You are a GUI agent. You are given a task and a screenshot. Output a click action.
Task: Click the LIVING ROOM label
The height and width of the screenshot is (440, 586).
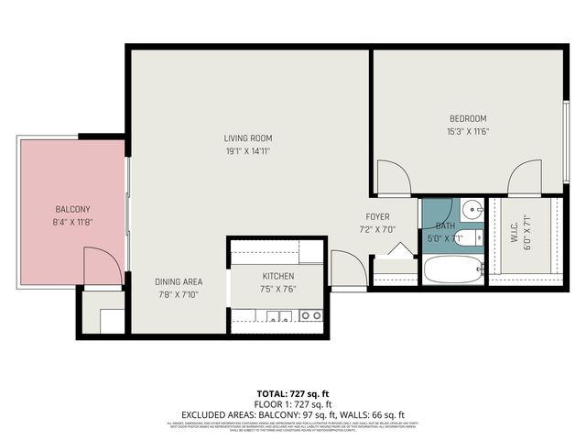coord(248,138)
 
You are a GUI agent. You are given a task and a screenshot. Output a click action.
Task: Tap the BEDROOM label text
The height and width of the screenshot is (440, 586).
coord(467,118)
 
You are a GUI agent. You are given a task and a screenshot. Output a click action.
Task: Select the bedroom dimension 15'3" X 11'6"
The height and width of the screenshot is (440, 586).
coord(467,131)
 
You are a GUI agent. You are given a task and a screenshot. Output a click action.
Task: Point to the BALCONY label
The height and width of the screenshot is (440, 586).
coord(71,209)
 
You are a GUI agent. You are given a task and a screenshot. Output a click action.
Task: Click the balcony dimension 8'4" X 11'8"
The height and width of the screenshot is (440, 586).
coord(71,222)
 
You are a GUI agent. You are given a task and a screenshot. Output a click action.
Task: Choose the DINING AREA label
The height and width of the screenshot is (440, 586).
coord(179,281)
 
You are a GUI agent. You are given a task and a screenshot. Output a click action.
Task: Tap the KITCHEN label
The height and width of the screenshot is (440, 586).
coord(277,276)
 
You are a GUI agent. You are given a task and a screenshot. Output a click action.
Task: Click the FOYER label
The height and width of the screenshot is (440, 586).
coord(378,217)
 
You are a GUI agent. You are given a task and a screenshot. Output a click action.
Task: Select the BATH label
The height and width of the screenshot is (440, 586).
coord(445,225)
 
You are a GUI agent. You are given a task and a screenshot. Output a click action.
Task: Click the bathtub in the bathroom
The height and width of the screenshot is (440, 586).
coord(452,270)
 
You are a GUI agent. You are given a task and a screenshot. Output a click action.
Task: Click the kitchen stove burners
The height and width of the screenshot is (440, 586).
coord(311,316)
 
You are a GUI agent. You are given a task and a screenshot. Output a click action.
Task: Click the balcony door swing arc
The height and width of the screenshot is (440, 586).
coord(103,268)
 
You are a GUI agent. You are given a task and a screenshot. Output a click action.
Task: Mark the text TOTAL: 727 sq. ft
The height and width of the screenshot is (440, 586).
coord(292,391)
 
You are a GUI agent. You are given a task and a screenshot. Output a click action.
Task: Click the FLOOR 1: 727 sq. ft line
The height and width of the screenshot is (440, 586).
coord(292,403)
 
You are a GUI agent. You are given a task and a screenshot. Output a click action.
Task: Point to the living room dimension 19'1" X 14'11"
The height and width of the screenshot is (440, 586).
coord(248,151)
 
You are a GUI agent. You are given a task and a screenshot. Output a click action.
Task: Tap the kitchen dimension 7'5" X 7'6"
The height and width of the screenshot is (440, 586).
coord(277,289)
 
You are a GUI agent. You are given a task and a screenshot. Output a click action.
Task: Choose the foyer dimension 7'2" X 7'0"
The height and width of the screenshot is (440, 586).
coord(377,230)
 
